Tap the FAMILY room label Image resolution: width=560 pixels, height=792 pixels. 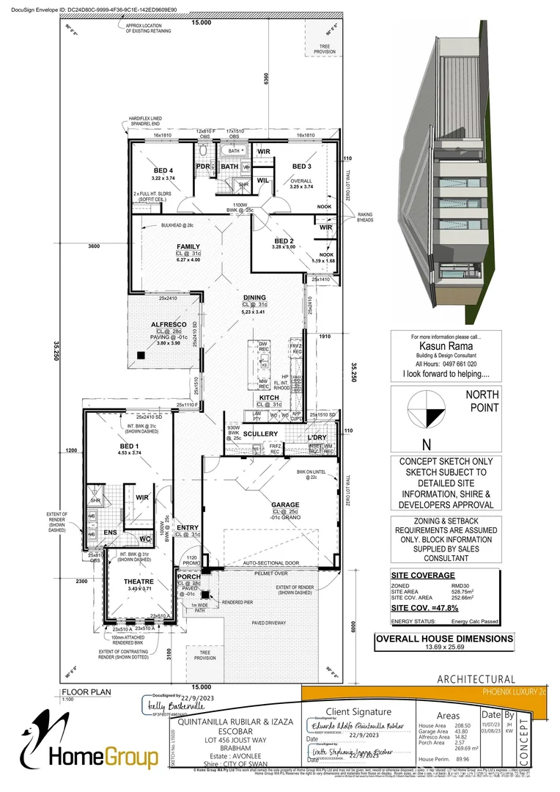[188, 246]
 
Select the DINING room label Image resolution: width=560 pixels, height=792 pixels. [255, 297]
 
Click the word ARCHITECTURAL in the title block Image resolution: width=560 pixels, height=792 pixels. [476, 680]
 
